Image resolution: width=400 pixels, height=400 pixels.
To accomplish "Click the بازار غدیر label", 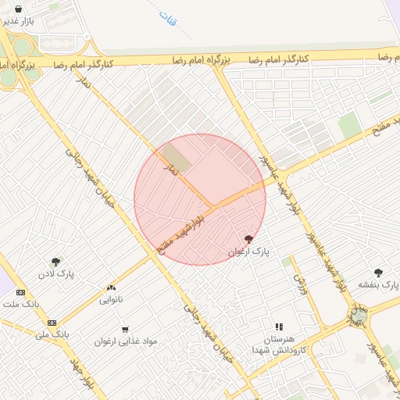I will pyautogui.click(x=17, y=21).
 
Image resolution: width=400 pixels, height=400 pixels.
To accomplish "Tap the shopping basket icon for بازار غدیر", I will pyautogui.click(x=18, y=9).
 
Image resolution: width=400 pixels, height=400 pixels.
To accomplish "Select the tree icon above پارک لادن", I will pyautogui.click(x=55, y=262).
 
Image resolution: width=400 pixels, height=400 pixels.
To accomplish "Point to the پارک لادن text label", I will pyautogui.click(x=55, y=275).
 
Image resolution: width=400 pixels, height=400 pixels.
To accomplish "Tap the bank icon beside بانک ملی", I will pyautogui.click(x=52, y=323).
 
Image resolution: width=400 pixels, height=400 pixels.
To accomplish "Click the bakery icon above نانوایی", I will pyautogui.click(x=111, y=287).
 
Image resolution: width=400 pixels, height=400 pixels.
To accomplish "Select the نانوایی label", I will pyautogui.click(x=110, y=299).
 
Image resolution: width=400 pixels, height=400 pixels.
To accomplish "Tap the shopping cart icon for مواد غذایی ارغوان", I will pyautogui.click(x=126, y=330).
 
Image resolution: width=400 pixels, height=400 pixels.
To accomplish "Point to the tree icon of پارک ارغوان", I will pyautogui.click(x=249, y=240).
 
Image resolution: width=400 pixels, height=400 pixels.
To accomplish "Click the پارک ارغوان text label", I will pyautogui.click(x=248, y=252).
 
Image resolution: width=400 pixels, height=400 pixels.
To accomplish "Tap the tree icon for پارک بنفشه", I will pyautogui.click(x=379, y=273).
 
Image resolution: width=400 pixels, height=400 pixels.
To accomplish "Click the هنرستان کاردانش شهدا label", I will pyautogui.click(x=279, y=345).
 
